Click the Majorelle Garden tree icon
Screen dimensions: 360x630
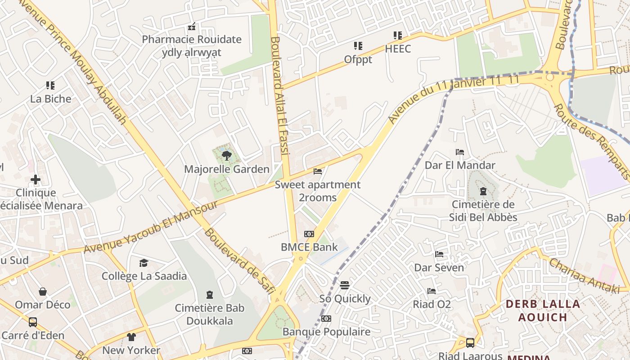tap(227, 156)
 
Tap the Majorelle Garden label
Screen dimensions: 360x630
tap(227, 169)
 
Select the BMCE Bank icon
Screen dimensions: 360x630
tap(309, 234)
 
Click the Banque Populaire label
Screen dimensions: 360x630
tap(326, 332)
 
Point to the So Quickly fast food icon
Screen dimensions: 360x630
tap(345, 285)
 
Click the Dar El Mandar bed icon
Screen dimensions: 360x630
tap(460, 152)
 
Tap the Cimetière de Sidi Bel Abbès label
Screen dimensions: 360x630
tap(483, 211)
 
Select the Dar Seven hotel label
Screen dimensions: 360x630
tap(439, 268)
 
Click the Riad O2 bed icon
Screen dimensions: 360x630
tap(432, 291)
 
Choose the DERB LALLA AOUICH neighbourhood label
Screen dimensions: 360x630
tap(542, 310)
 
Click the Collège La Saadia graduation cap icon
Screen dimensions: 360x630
tap(144, 263)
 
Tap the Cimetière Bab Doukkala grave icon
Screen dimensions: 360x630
tap(209, 295)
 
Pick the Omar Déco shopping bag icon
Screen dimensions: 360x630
tap(43, 292)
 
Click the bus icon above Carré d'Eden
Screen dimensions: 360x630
tap(33, 322)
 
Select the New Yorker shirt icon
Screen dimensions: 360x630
tap(131, 337)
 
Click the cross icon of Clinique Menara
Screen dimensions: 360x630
tap(36, 180)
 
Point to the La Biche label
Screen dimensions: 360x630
tap(50, 99)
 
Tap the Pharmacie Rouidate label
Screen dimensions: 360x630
tap(192, 40)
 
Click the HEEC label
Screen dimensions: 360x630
tap(398, 49)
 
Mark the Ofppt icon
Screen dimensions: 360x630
tap(358, 46)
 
